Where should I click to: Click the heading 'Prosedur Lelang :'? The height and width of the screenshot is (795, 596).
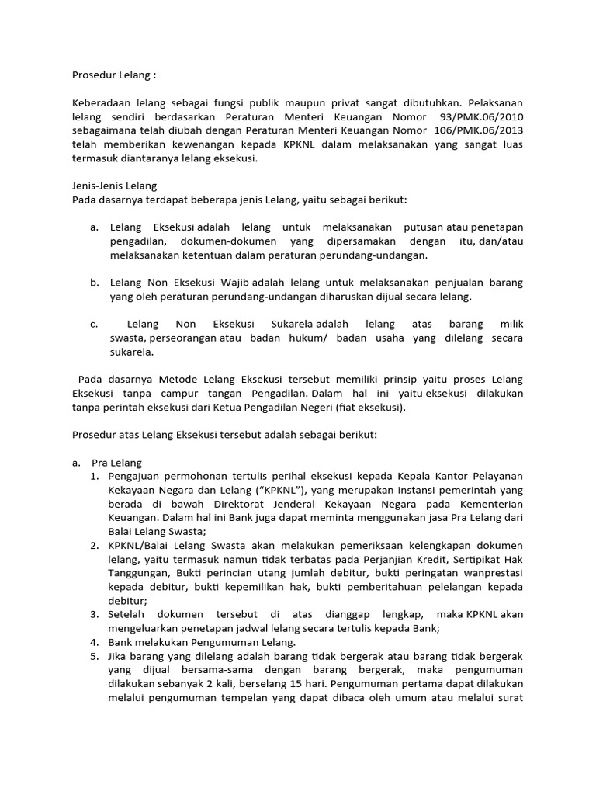[113, 75]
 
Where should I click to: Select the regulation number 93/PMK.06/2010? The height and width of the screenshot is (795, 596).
[480, 116]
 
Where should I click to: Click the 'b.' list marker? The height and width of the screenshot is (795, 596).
[94, 282]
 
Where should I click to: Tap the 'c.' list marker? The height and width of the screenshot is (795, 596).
[94, 324]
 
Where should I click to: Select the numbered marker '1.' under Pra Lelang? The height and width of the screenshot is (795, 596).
[94, 475]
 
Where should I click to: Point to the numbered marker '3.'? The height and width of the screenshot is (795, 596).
[94, 614]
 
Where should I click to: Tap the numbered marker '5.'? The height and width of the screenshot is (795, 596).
[94, 656]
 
